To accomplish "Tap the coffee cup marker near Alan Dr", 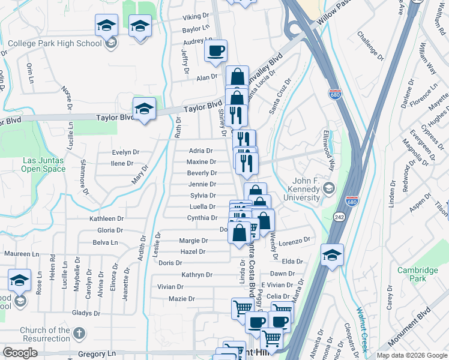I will click(x=215, y=52).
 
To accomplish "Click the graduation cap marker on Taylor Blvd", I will click(x=144, y=109).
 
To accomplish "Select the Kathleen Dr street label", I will click(x=106, y=219).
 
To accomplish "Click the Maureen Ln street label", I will click(x=21, y=254).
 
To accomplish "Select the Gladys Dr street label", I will click(x=86, y=313).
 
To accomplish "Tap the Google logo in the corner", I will click(x=20, y=353).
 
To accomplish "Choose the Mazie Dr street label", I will click(x=182, y=298).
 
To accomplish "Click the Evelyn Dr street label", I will click(x=125, y=152).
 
